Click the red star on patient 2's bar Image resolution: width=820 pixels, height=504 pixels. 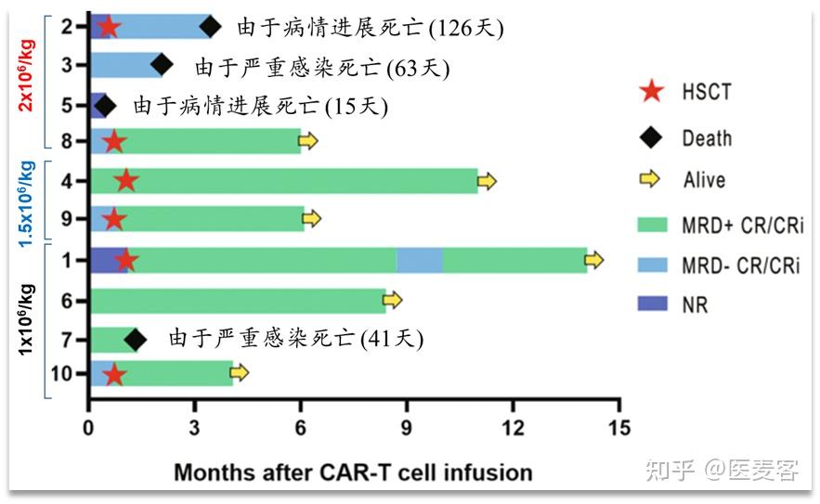pos(108,26)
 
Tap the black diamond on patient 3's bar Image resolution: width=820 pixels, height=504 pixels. pos(162,64)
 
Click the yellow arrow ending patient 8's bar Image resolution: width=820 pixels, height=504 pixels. pos(308,141)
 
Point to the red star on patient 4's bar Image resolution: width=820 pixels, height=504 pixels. pos(126,180)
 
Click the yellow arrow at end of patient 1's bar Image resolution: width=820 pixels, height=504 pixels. pos(593,260)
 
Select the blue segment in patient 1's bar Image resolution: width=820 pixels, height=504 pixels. pos(420,261)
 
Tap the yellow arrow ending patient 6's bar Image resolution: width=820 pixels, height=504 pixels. pos(393,300)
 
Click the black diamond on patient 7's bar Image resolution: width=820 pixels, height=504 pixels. pos(135,340)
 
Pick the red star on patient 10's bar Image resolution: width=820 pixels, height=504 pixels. pos(114,374)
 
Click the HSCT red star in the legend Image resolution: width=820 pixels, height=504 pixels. pos(653,91)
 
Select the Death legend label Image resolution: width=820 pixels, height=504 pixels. pos(707,138)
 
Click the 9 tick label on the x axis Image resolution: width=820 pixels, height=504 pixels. pos(406,428)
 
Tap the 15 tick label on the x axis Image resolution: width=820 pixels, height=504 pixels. pos(619,428)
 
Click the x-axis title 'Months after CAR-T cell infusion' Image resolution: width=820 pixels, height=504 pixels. pos(353,472)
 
